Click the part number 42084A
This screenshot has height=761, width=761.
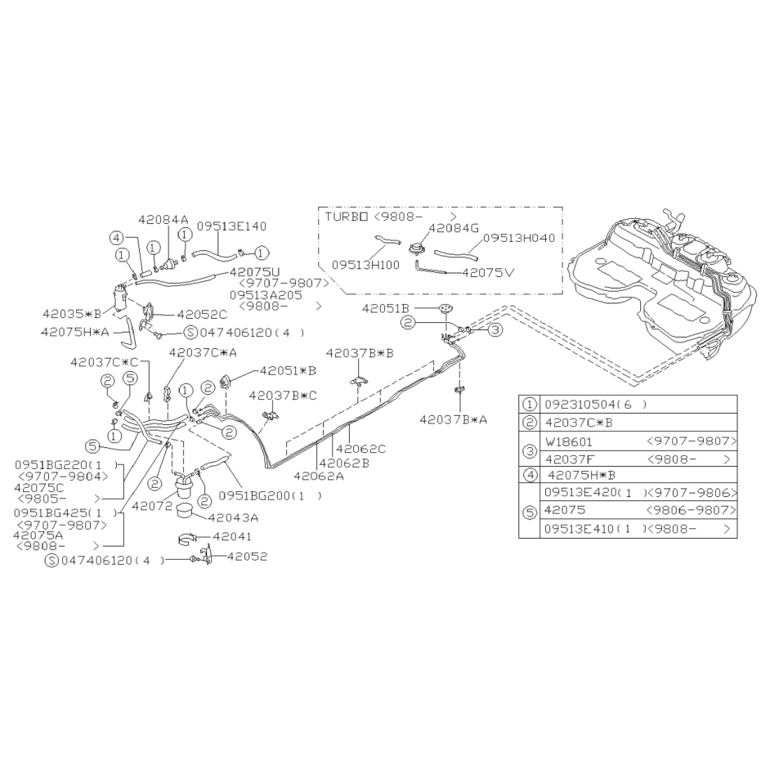tap(163, 219)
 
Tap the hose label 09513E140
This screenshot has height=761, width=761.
tap(232, 226)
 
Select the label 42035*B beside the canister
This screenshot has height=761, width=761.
tap(72, 314)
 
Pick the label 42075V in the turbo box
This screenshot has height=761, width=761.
tap(488, 272)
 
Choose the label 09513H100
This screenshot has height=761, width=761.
tap(366, 265)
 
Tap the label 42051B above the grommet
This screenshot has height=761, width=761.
tap(385, 308)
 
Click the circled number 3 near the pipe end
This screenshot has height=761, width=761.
tap(495, 330)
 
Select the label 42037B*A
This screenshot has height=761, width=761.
tap(453, 419)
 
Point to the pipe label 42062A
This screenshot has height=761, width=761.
tap(319, 476)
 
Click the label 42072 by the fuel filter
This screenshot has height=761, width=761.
tap(152, 505)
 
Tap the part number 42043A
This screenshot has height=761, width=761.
tap(234, 518)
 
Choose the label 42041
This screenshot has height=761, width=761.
tap(232, 536)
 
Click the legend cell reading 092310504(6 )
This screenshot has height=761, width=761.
tap(596, 405)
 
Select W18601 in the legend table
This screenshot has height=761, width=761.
tap(569, 441)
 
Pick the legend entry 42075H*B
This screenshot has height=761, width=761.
tap(581, 475)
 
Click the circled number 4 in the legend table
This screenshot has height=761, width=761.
tap(529, 475)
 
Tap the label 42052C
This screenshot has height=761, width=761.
tap(202, 315)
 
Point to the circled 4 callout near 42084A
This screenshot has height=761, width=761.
tap(116, 238)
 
